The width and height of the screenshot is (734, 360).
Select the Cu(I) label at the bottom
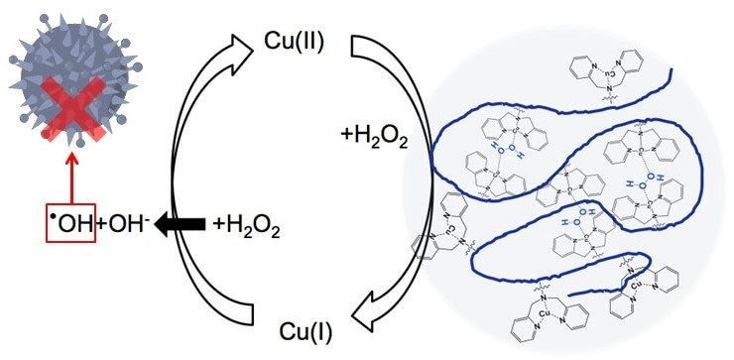pyautogui.click(x=295, y=329)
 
